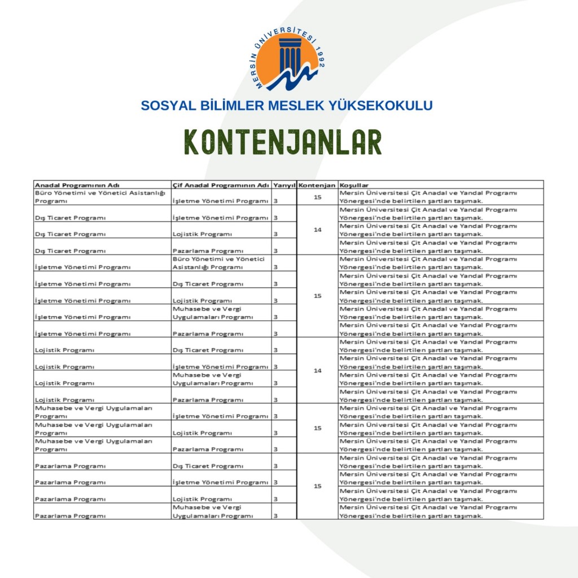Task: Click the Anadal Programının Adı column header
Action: pos(77,185)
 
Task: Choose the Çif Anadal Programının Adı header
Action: pos(221,185)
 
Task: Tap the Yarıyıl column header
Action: pos(284,185)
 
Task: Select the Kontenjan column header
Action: pos(317,185)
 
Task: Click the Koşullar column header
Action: pos(354,185)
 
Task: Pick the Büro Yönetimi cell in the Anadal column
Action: pos(100,196)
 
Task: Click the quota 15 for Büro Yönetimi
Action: pos(317,196)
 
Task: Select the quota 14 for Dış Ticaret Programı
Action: pos(317,230)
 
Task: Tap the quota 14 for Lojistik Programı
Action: pos(317,370)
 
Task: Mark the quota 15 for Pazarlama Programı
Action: pos(317,486)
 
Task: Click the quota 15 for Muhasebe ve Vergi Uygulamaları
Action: pos(317,428)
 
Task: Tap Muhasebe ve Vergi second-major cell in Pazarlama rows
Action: pos(212,511)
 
